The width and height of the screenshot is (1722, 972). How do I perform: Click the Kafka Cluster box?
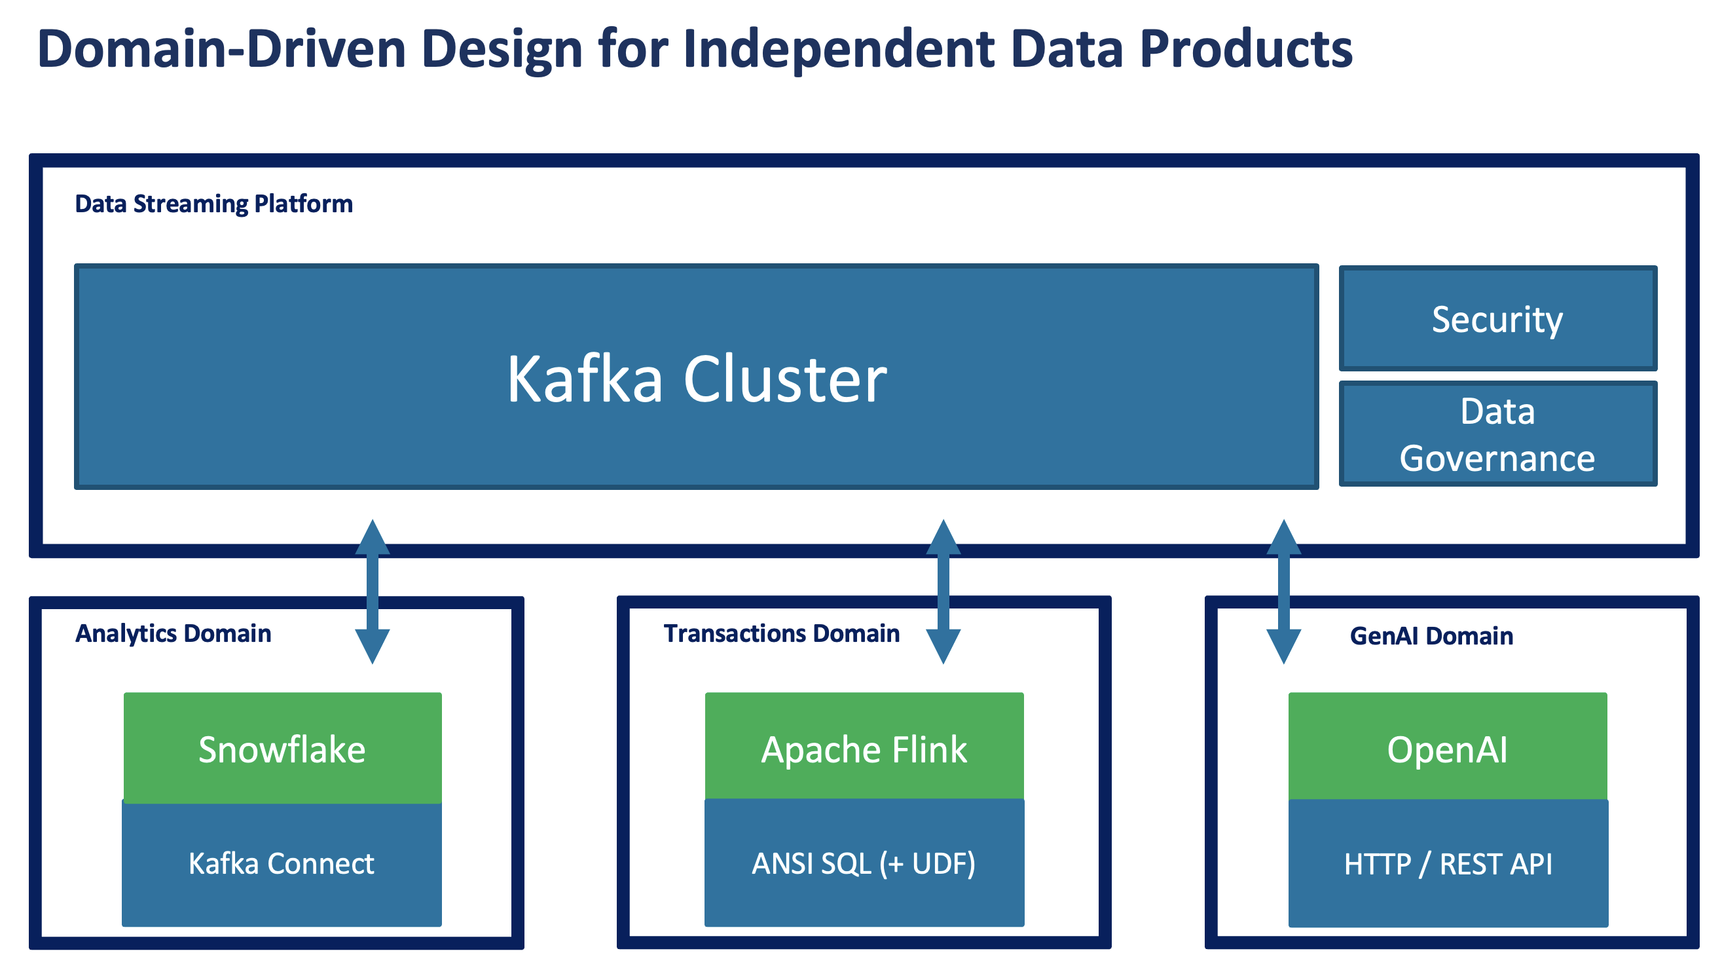pos(696,378)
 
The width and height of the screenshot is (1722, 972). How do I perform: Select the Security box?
pos(1497,319)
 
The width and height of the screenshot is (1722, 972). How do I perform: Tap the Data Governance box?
pos(1497,434)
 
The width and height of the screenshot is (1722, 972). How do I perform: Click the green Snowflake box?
pos(282,749)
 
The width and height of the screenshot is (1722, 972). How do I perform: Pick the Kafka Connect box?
pos(282,864)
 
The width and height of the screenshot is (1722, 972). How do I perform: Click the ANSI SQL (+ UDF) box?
pos(864,864)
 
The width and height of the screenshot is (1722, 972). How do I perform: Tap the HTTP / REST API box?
pos(1448,865)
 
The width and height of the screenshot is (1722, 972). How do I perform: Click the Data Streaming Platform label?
pos(213,204)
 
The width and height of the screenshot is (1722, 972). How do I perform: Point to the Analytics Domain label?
pos(173,634)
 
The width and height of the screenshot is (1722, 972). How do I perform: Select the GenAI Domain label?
pos(1431,637)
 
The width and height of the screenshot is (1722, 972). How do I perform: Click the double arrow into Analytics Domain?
pos(373,591)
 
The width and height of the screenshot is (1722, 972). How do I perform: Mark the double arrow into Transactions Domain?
pos(943,591)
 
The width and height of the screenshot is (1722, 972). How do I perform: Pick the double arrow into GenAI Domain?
pos(1283,591)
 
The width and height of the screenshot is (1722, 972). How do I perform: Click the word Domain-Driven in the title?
pos(221,50)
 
